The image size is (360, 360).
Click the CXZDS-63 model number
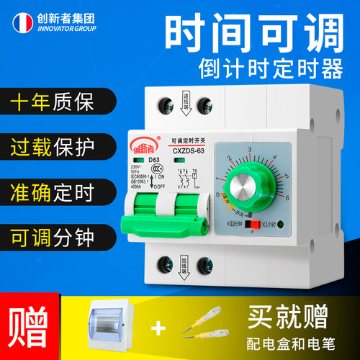(x=189, y=150)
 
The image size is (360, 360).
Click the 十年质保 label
(x=45, y=102)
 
